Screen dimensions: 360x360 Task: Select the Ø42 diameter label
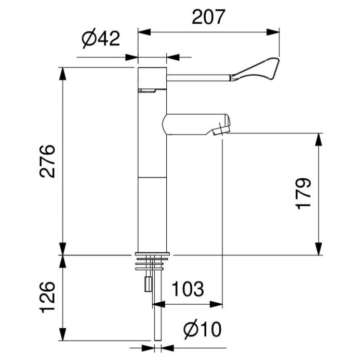pyautogui.click(x=100, y=40)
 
